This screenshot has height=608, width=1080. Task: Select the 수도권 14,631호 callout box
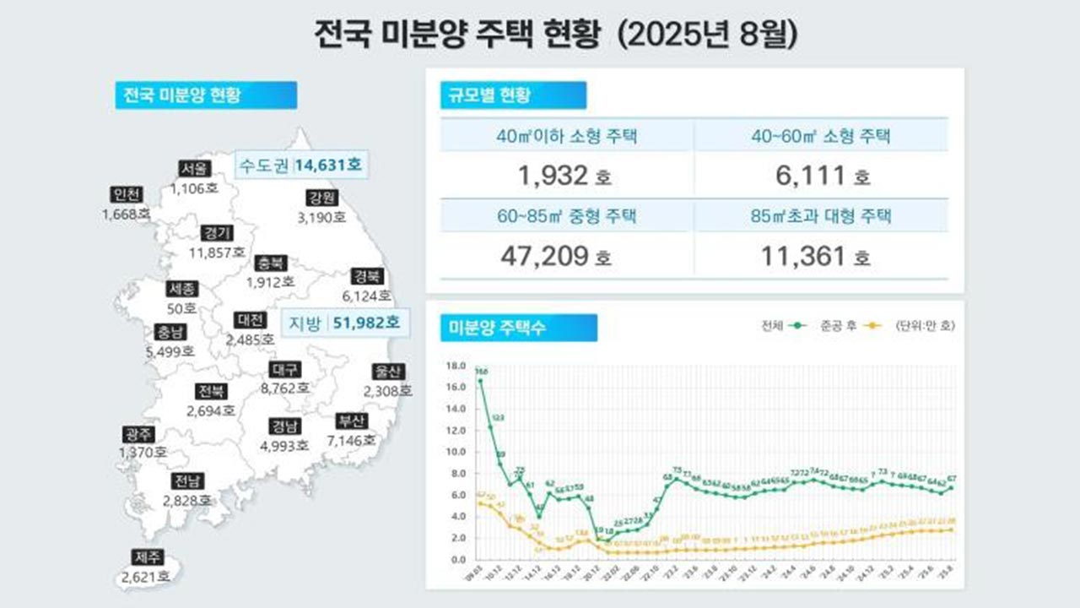(x=300, y=165)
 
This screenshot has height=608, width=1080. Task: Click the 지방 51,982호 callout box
(x=345, y=323)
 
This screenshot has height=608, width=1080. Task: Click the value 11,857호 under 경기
(x=216, y=252)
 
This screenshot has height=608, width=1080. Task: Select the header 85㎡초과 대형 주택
(x=821, y=216)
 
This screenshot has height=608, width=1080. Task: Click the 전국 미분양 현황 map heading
(x=205, y=95)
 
